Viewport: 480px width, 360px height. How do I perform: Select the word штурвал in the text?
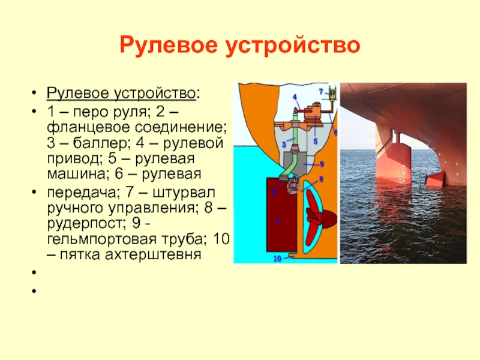pos(184,193)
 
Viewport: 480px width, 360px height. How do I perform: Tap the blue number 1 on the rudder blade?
pos(277,221)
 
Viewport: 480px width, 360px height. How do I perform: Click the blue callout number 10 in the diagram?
pos(277,259)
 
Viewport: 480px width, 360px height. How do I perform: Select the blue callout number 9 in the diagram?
pos(322,164)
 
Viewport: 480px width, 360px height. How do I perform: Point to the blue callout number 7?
pos(321,92)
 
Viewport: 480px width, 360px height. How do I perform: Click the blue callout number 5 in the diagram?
pos(316,142)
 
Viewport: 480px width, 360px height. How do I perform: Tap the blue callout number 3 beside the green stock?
pos(284,145)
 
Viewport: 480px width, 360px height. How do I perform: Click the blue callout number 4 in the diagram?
pos(295,97)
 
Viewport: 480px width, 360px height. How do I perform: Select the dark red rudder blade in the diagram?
pos(281,215)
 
